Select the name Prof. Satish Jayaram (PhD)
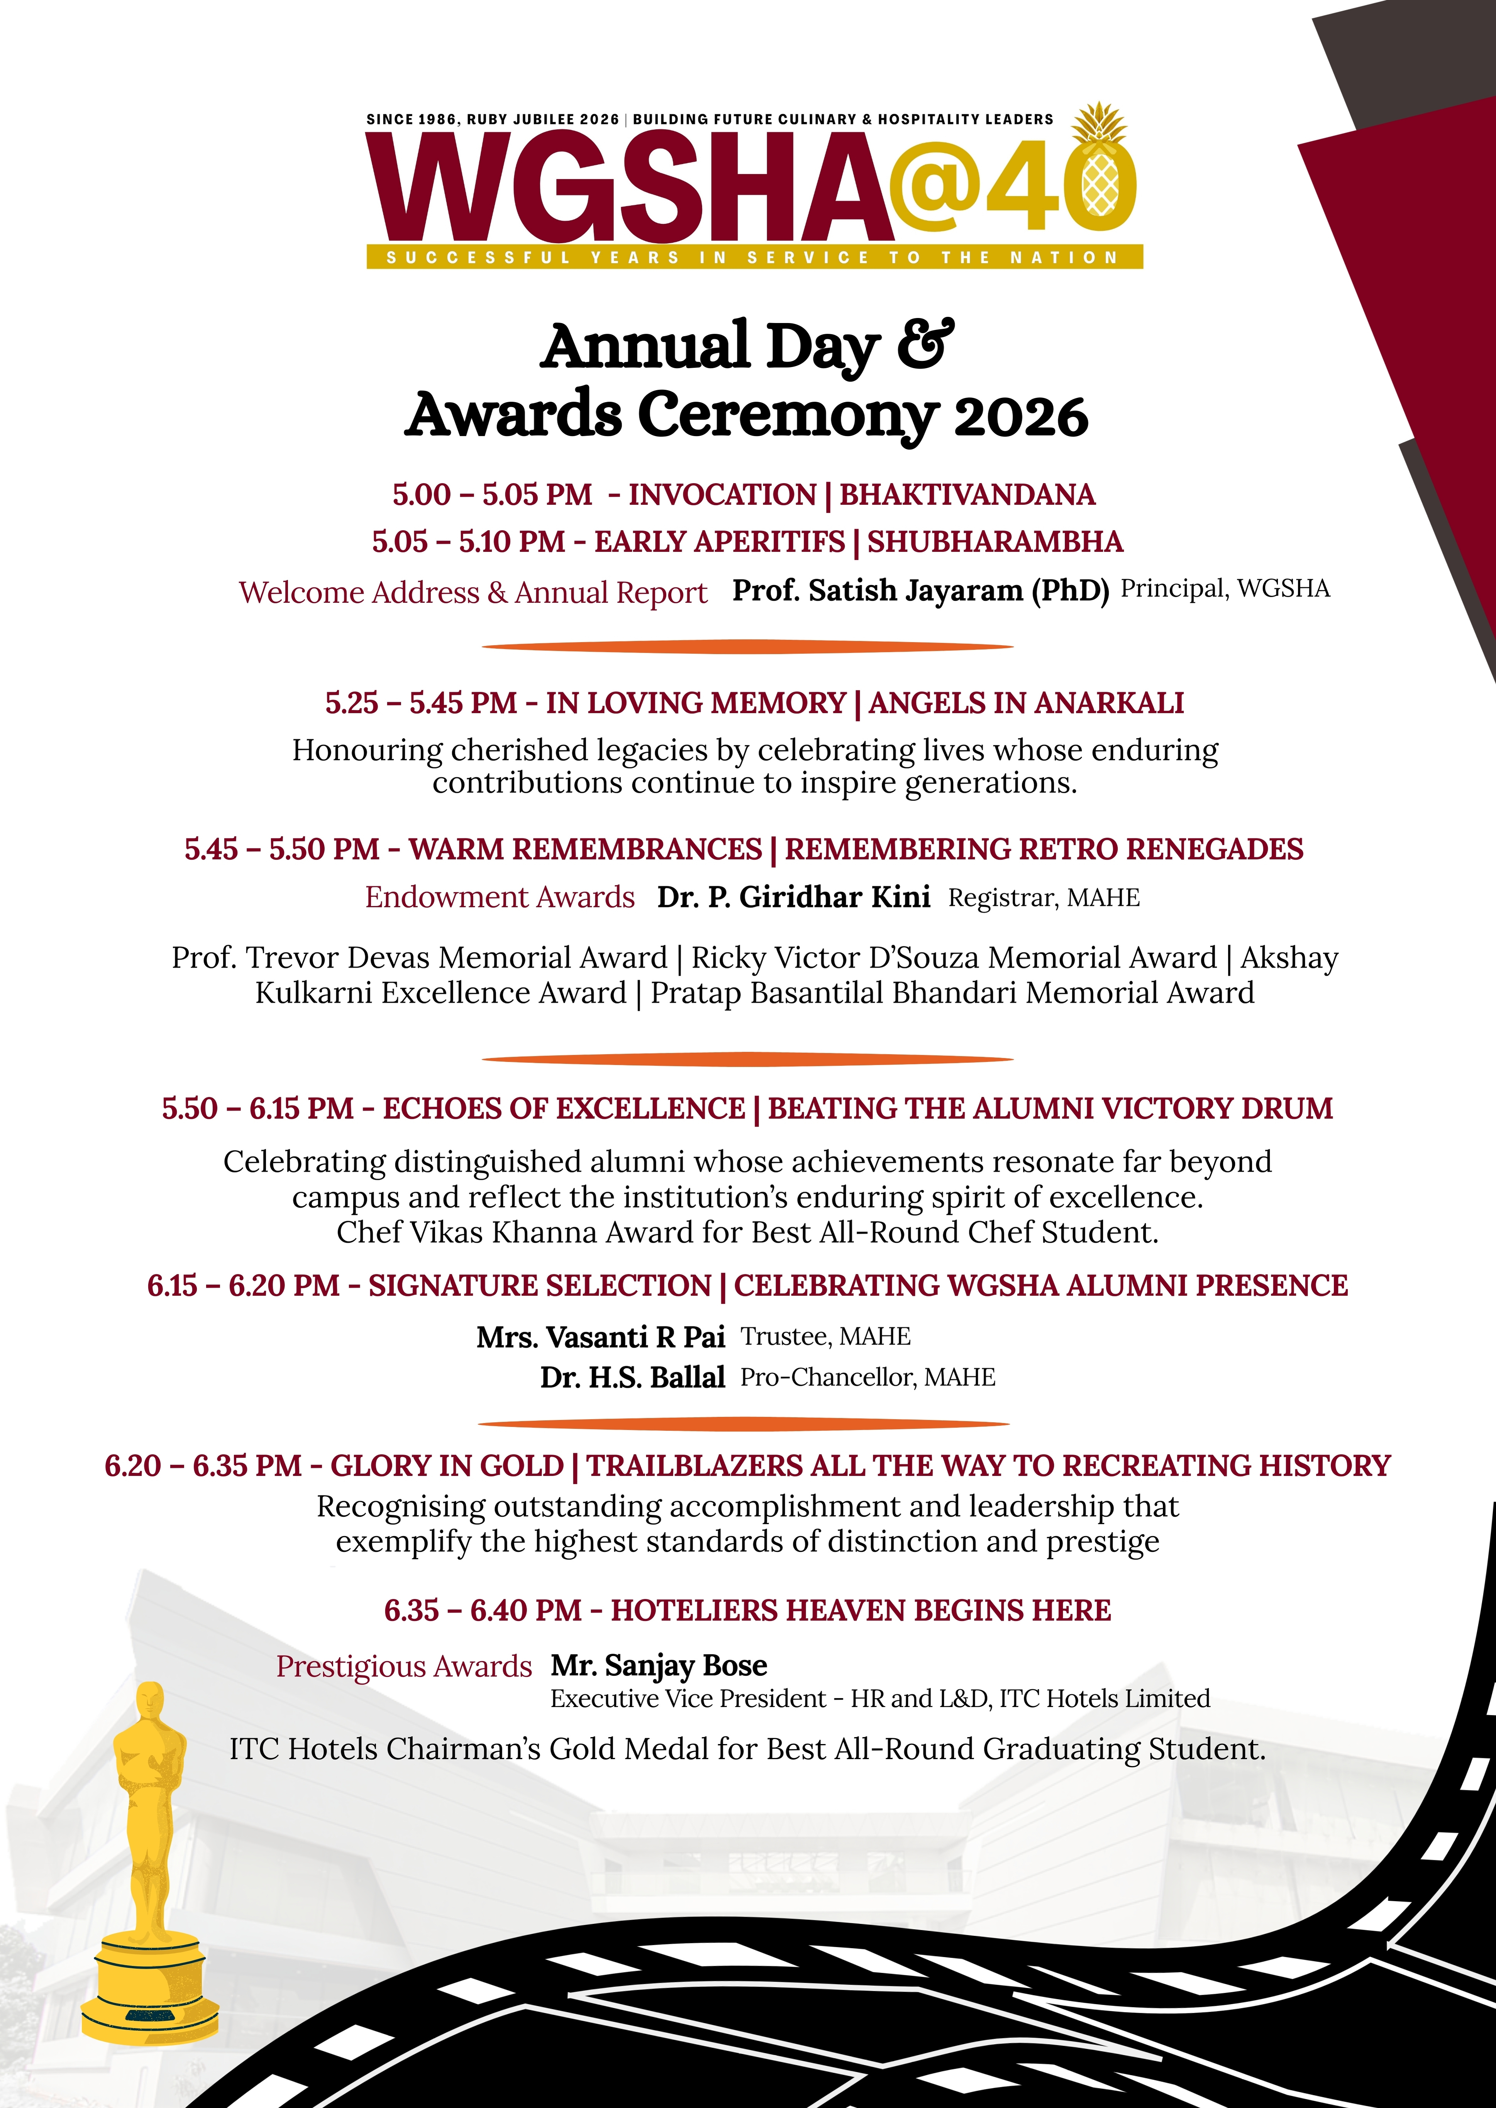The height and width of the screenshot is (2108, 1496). click(x=920, y=590)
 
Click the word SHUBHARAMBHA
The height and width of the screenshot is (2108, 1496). click(x=995, y=541)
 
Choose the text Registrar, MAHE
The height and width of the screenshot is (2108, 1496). click(x=1044, y=898)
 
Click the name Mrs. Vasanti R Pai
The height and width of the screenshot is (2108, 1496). click(x=601, y=1336)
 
